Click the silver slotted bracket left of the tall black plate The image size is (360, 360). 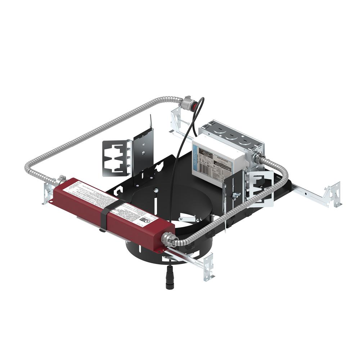click(115, 159)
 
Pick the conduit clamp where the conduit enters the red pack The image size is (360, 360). click(61, 178)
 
